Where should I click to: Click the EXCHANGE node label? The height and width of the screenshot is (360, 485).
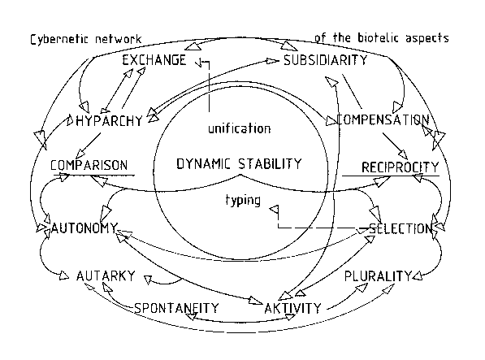154,60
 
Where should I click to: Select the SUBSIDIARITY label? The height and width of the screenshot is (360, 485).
326,60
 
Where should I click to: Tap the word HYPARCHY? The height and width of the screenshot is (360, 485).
109,121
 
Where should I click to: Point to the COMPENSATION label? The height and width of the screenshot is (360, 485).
383,119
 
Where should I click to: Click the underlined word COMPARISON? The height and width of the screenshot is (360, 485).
89,165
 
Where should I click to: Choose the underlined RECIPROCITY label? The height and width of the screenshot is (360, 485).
401,167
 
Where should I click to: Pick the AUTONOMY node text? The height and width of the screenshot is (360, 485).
84,228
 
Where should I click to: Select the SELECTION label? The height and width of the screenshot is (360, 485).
401,229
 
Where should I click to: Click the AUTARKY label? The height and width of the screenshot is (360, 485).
106,275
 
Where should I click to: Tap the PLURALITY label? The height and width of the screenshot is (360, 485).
379,275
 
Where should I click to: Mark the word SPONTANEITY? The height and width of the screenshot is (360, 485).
176,308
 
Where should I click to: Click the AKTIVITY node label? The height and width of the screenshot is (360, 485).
293,308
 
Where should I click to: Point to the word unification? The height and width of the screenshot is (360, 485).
240,128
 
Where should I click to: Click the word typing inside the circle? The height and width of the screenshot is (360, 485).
243,201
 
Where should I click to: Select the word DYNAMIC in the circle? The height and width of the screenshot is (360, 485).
204,163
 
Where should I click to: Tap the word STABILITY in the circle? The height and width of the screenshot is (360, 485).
270,163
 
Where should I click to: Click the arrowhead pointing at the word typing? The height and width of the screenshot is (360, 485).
275,210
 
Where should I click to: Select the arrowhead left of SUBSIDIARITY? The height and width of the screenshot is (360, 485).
272,61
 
